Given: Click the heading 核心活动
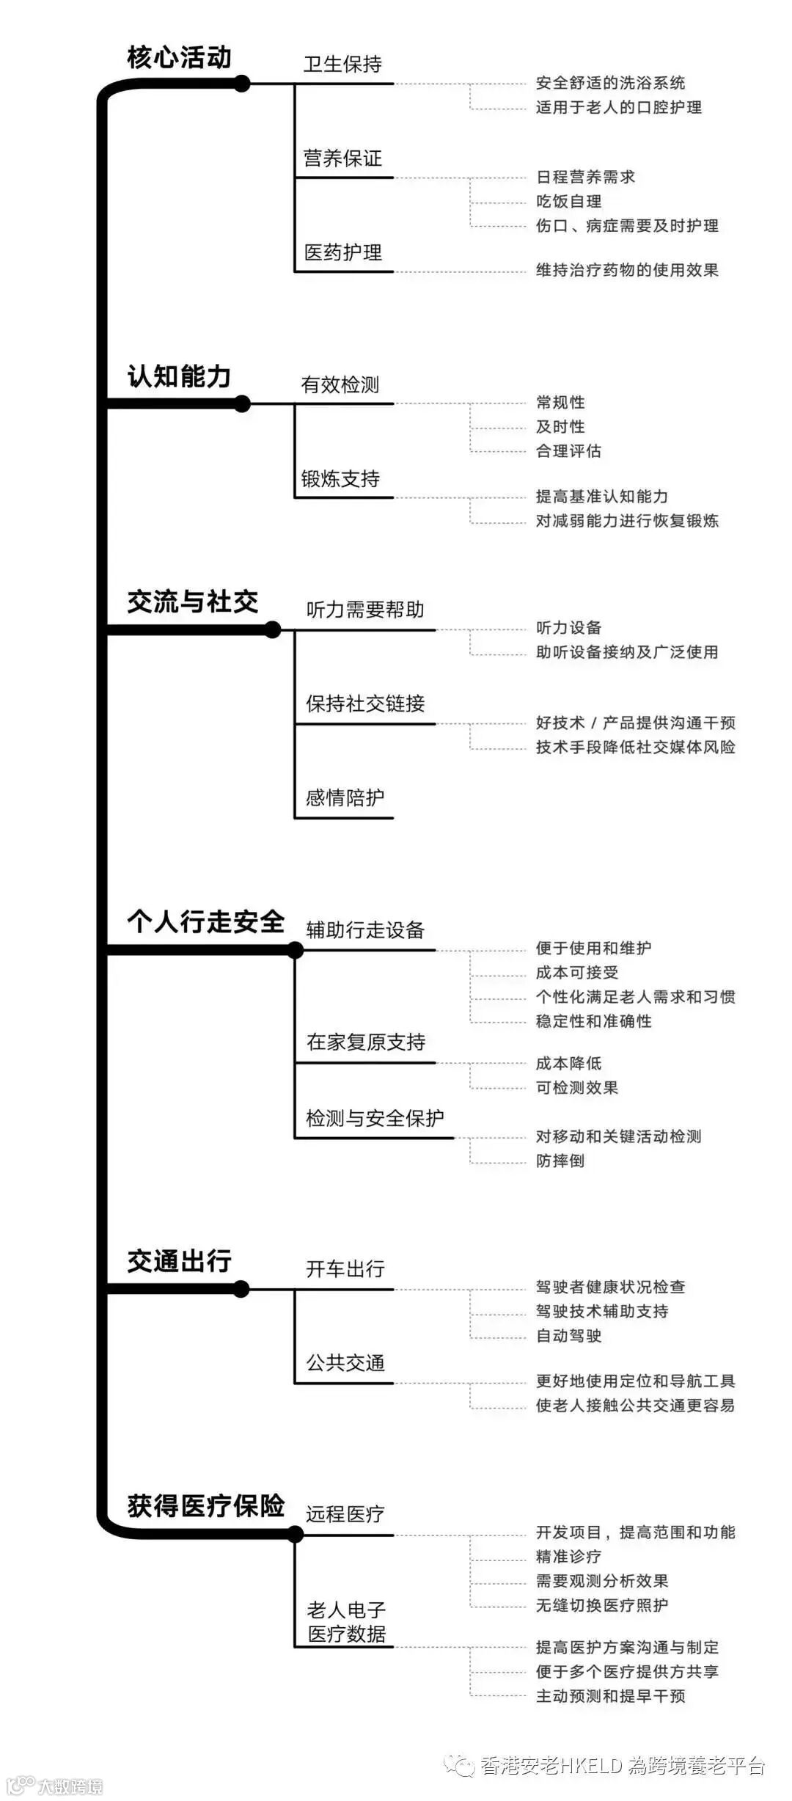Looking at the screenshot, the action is click(179, 57).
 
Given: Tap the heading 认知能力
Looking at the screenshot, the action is click(179, 376).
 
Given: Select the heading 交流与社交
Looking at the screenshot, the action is click(192, 602).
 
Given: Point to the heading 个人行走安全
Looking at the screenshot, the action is click(205, 921).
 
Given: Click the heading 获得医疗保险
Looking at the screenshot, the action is click(205, 1506).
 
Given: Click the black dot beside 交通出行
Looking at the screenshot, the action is click(241, 1289).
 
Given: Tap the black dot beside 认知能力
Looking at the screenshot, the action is click(242, 403).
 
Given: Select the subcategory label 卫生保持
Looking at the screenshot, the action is click(342, 65).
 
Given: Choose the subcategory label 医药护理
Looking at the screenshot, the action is click(342, 253).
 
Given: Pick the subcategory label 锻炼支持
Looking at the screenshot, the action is click(340, 479).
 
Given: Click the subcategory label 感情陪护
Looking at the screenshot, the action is click(345, 797).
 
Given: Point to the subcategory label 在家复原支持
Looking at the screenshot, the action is click(366, 1042).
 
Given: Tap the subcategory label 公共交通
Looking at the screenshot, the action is click(345, 1363).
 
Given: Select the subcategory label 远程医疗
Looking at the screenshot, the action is click(345, 1513).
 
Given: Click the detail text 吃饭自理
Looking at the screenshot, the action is click(568, 202).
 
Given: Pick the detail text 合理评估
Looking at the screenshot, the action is click(568, 451).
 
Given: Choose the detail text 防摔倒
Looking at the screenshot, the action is click(560, 1161).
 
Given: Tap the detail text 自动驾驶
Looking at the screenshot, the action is click(568, 1335).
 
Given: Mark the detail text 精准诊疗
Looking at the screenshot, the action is click(568, 1557).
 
